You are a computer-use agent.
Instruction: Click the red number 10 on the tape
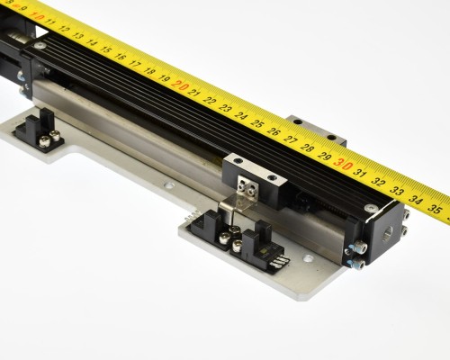[38, 16]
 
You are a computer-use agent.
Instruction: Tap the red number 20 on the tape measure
[180, 86]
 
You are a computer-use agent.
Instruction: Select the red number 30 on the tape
[342, 164]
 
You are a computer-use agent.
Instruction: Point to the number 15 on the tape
[105, 49]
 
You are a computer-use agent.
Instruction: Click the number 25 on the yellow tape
[256, 122]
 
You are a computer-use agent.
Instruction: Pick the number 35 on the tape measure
[434, 209]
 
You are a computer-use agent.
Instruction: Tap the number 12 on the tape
[64, 29]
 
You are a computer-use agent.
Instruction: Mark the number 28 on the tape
[307, 148]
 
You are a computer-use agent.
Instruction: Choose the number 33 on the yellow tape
[397, 191]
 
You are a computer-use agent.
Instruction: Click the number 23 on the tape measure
[224, 108]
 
